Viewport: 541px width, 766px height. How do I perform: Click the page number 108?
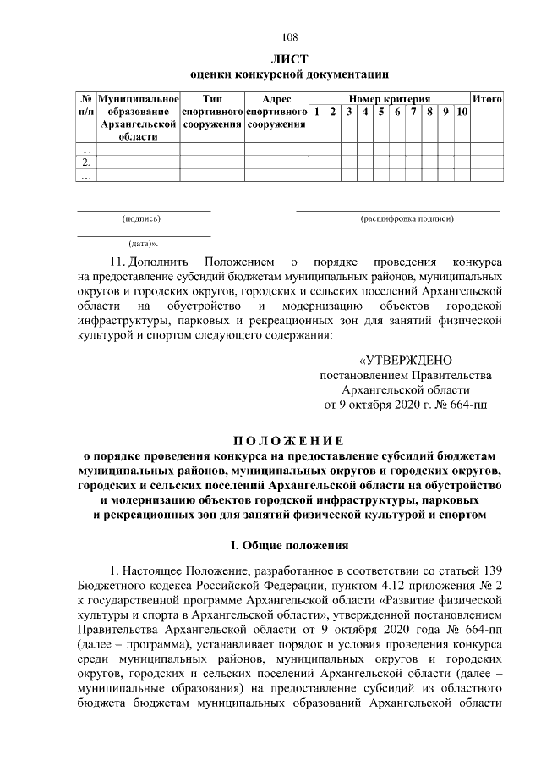click(x=289, y=36)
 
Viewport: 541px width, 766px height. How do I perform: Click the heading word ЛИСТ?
click(x=289, y=59)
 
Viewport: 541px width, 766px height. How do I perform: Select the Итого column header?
click(x=487, y=99)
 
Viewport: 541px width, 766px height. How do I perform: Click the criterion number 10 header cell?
click(x=462, y=113)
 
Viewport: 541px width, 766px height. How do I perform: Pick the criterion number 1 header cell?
click(x=315, y=113)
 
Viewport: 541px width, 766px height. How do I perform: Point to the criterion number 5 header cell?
click(x=381, y=113)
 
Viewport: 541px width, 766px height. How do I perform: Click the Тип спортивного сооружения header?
click(x=212, y=112)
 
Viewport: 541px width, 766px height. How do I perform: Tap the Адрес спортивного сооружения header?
click(x=276, y=112)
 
